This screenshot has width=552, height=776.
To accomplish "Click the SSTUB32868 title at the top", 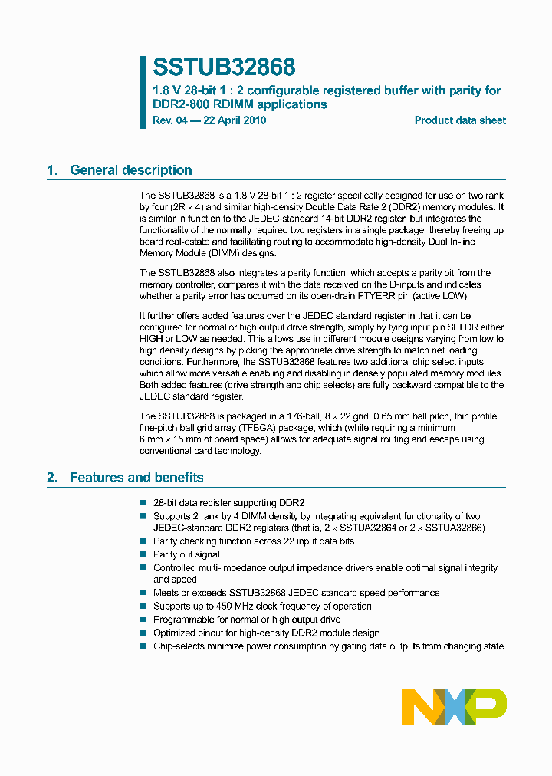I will [x=224, y=67].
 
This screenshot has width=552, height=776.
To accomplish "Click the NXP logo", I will [x=454, y=706].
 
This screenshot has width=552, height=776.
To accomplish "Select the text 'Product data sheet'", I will [x=460, y=120].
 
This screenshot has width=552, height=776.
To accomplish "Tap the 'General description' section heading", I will [x=130, y=170].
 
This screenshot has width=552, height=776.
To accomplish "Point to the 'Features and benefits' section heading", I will [x=136, y=478].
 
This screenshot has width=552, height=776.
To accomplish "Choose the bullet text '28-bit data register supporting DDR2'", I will [x=228, y=502].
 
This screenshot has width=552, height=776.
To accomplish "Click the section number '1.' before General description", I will [x=52, y=170].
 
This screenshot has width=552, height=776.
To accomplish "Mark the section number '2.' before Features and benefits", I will [x=52, y=478].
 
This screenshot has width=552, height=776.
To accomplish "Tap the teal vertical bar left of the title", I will [x=143, y=91].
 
